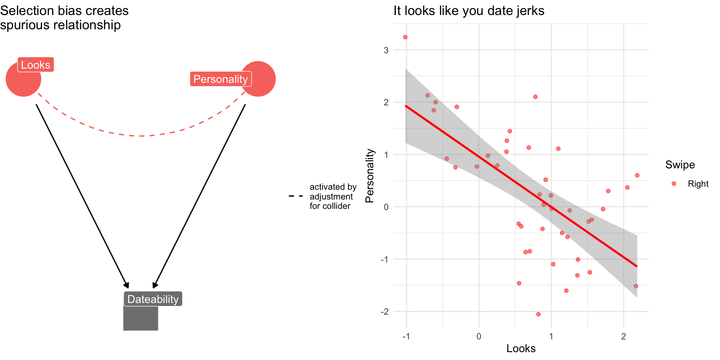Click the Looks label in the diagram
[x=36, y=65]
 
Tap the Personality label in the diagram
[x=220, y=79]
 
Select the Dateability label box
[x=153, y=299]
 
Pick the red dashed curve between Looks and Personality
[x=141, y=135]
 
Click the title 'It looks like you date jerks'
[x=469, y=11]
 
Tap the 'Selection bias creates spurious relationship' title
[x=64, y=18]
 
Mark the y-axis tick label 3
[x=386, y=50]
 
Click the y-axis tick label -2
[x=385, y=312]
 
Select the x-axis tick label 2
[x=624, y=336]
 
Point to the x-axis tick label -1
[x=406, y=336]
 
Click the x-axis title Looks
[x=521, y=349]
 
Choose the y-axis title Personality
[x=370, y=175]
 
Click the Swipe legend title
[x=680, y=165]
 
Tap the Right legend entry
[x=698, y=184]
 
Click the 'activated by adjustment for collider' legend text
[x=333, y=196]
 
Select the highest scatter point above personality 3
[x=405, y=37]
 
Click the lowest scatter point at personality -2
[x=538, y=314]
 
